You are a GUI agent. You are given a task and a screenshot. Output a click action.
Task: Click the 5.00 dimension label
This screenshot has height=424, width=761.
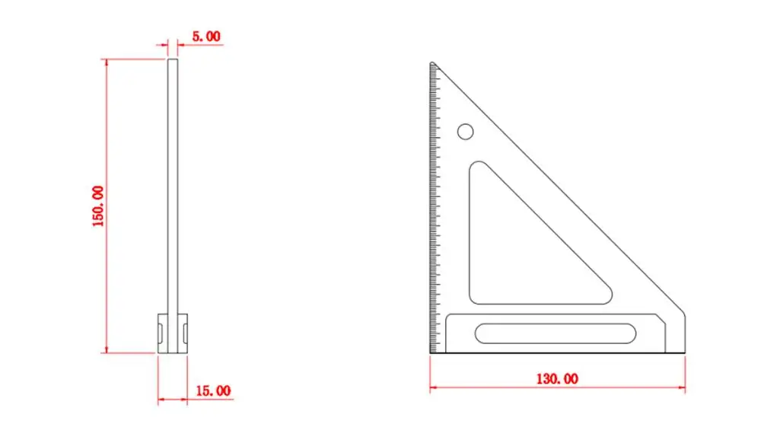pyautogui.click(x=206, y=37)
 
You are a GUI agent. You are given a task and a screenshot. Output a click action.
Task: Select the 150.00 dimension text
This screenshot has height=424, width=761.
pyautogui.click(x=98, y=206)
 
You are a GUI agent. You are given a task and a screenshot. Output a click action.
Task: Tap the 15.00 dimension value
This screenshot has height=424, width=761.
pyautogui.click(x=213, y=391)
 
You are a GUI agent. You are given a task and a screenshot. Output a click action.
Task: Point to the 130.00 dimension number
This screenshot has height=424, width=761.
pyautogui.click(x=557, y=379)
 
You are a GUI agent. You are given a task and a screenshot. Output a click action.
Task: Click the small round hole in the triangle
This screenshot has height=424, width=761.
pyautogui.click(x=466, y=132)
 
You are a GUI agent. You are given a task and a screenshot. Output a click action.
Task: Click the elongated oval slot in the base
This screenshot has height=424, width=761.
pyautogui.click(x=556, y=333)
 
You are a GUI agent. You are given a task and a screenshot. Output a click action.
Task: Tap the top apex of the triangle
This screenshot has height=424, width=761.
pyautogui.click(x=432, y=62)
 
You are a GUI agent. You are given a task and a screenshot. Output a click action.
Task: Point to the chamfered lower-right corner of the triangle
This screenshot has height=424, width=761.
pyautogui.click(x=680, y=312)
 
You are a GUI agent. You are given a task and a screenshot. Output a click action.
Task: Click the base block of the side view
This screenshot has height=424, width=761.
pyautogui.click(x=173, y=333)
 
